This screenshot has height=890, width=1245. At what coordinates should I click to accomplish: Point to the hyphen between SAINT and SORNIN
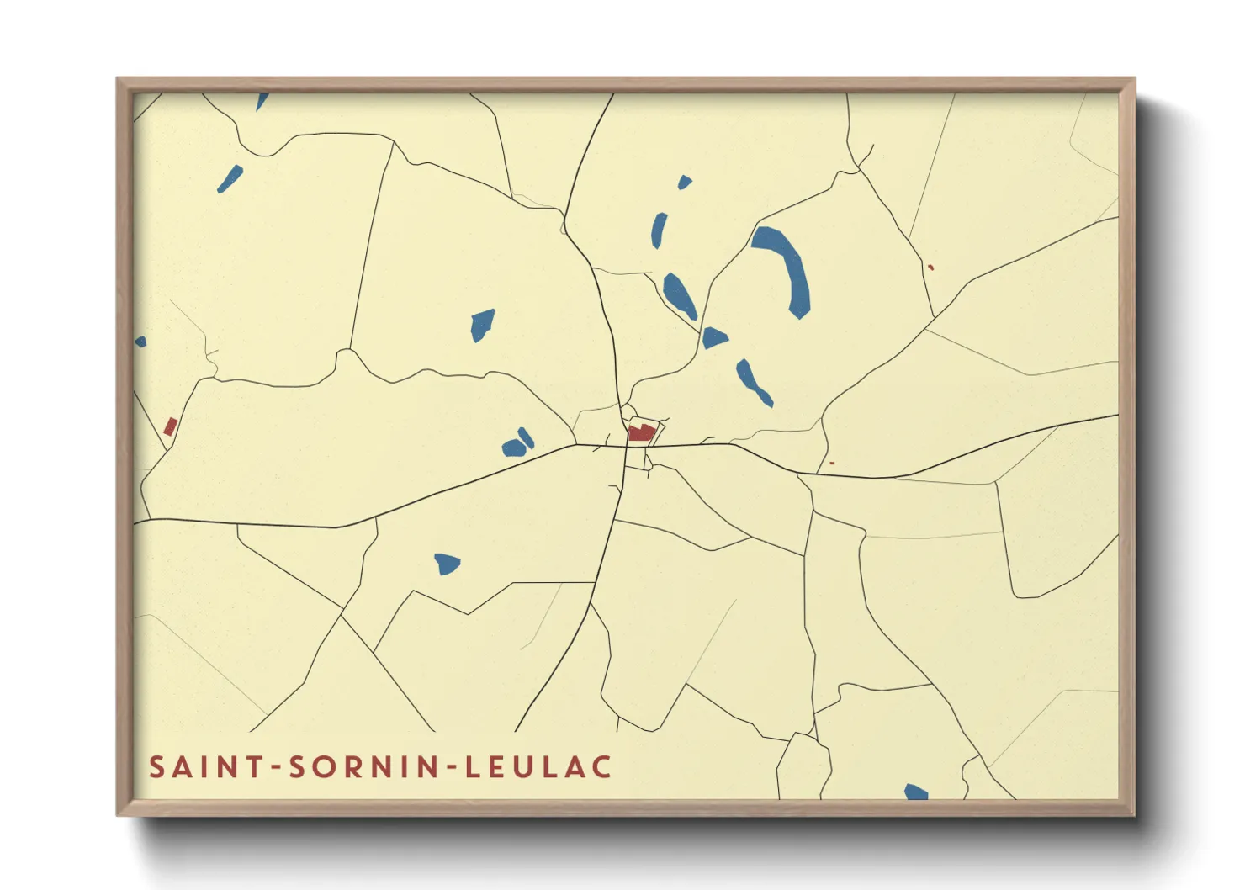click(x=274, y=768)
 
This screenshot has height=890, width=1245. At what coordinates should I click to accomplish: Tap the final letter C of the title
click(x=601, y=767)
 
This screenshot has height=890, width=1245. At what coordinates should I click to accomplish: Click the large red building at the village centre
click(x=641, y=433)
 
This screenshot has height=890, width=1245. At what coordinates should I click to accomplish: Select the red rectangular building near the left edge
click(x=170, y=426)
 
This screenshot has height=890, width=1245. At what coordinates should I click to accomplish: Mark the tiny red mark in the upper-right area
click(x=930, y=268)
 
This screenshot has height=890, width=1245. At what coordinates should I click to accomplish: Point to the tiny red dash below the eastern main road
click(x=832, y=463)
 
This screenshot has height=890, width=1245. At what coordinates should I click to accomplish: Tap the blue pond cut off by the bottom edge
click(x=916, y=792)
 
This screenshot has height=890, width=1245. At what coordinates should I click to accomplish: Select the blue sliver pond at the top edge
click(x=262, y=101)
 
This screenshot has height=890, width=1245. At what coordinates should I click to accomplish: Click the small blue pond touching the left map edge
click(x=140, y=342)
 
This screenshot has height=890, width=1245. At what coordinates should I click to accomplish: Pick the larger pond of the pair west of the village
click(x=512, y=448)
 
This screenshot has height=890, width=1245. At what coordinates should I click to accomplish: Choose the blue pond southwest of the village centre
click(x=447, y=563)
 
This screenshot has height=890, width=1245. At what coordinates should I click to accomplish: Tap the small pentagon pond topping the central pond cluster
click(x=685, y=182)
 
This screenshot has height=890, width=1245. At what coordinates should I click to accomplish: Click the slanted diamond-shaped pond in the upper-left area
click(x=230, y=178)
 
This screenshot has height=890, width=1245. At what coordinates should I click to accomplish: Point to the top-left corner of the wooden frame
click(x=119, y=80)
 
